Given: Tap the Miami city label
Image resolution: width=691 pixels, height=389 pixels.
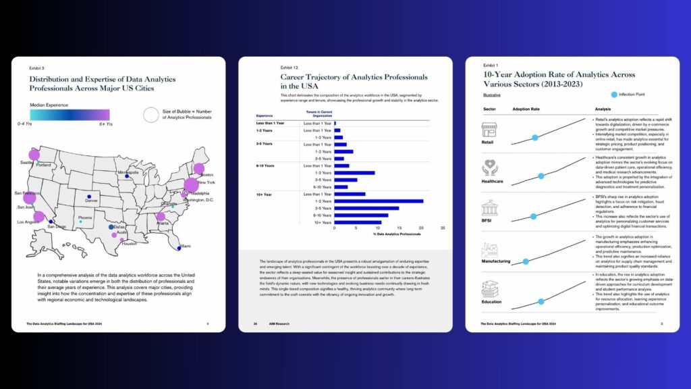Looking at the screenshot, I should click(x=186, y=246).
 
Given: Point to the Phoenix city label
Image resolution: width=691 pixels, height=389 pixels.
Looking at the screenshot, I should click(x=85, y=217).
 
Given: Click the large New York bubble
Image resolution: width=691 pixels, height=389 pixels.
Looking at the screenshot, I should click(x=191, y=184).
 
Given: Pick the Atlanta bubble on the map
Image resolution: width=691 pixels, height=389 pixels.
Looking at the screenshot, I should click(x=161, y=217).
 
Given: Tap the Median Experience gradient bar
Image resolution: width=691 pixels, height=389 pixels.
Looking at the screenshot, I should click(x=68, y=114).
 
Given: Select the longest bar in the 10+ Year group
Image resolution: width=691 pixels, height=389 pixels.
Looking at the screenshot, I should click(x=379, y=201).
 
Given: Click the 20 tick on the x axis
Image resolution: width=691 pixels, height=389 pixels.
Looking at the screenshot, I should click(x=421, y=228).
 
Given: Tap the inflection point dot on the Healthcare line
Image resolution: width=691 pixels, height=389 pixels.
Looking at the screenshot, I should click(x=541, y=176).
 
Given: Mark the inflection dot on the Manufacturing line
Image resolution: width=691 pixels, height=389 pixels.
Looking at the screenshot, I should click(x=526, y=260).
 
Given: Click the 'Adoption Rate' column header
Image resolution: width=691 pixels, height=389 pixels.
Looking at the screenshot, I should click(x=526, y=109).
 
